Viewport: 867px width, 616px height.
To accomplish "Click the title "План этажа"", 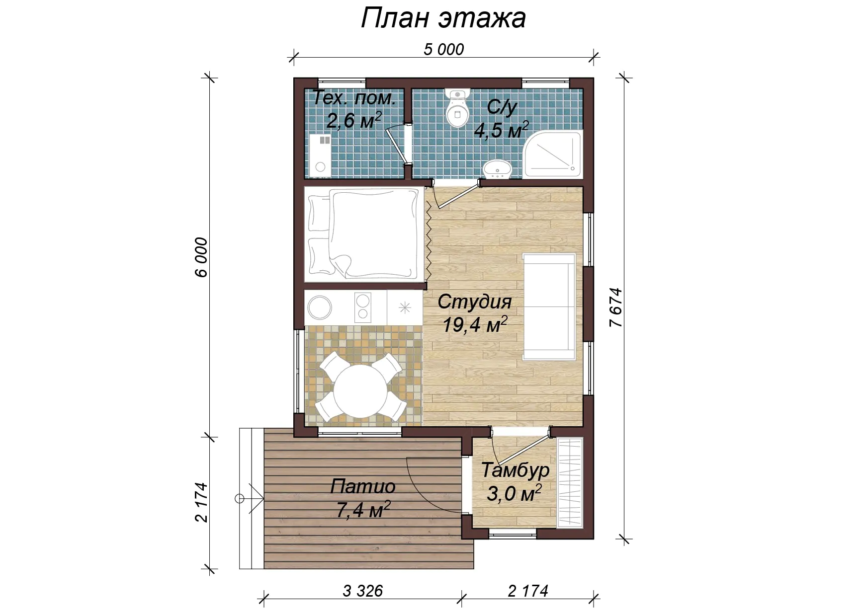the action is [x=443, y=19].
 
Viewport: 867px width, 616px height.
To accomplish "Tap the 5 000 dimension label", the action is [x=444, y=49].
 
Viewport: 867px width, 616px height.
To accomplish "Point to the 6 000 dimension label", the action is [x=201, y=257].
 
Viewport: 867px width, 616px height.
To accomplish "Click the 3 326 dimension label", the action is [x=363, y=591].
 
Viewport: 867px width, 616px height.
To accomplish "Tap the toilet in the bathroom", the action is [x=458, y=108].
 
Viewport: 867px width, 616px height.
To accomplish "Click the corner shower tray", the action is [x=552, y=154].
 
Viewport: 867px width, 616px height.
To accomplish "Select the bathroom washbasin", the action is [x=497, y=169].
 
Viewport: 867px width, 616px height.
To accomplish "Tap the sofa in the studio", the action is [x=549, y=307].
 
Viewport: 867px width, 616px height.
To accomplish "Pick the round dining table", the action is [x=360, y=391].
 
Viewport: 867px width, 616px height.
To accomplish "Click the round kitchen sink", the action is [x=320, y=308].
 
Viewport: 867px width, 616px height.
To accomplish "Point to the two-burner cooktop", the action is [x=362, y=307].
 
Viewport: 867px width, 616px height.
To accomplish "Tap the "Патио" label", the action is [x=363, y=486].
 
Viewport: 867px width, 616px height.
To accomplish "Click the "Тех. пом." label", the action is [x=354, y=98].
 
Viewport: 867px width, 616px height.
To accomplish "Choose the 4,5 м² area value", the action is [x=501, y=130].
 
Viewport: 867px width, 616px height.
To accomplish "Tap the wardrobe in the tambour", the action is [x=570, y=482].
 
